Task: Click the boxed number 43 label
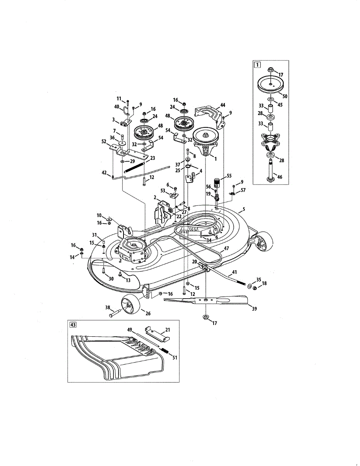click(72, 325)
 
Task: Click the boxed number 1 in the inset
click(257, 65)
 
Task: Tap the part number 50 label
click(285, 96)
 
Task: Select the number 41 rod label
click(234, 273)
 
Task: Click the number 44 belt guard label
click(223, 105)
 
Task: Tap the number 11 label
click(119, 98)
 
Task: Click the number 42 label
click(104, 173)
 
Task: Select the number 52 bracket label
click(104, 141)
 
